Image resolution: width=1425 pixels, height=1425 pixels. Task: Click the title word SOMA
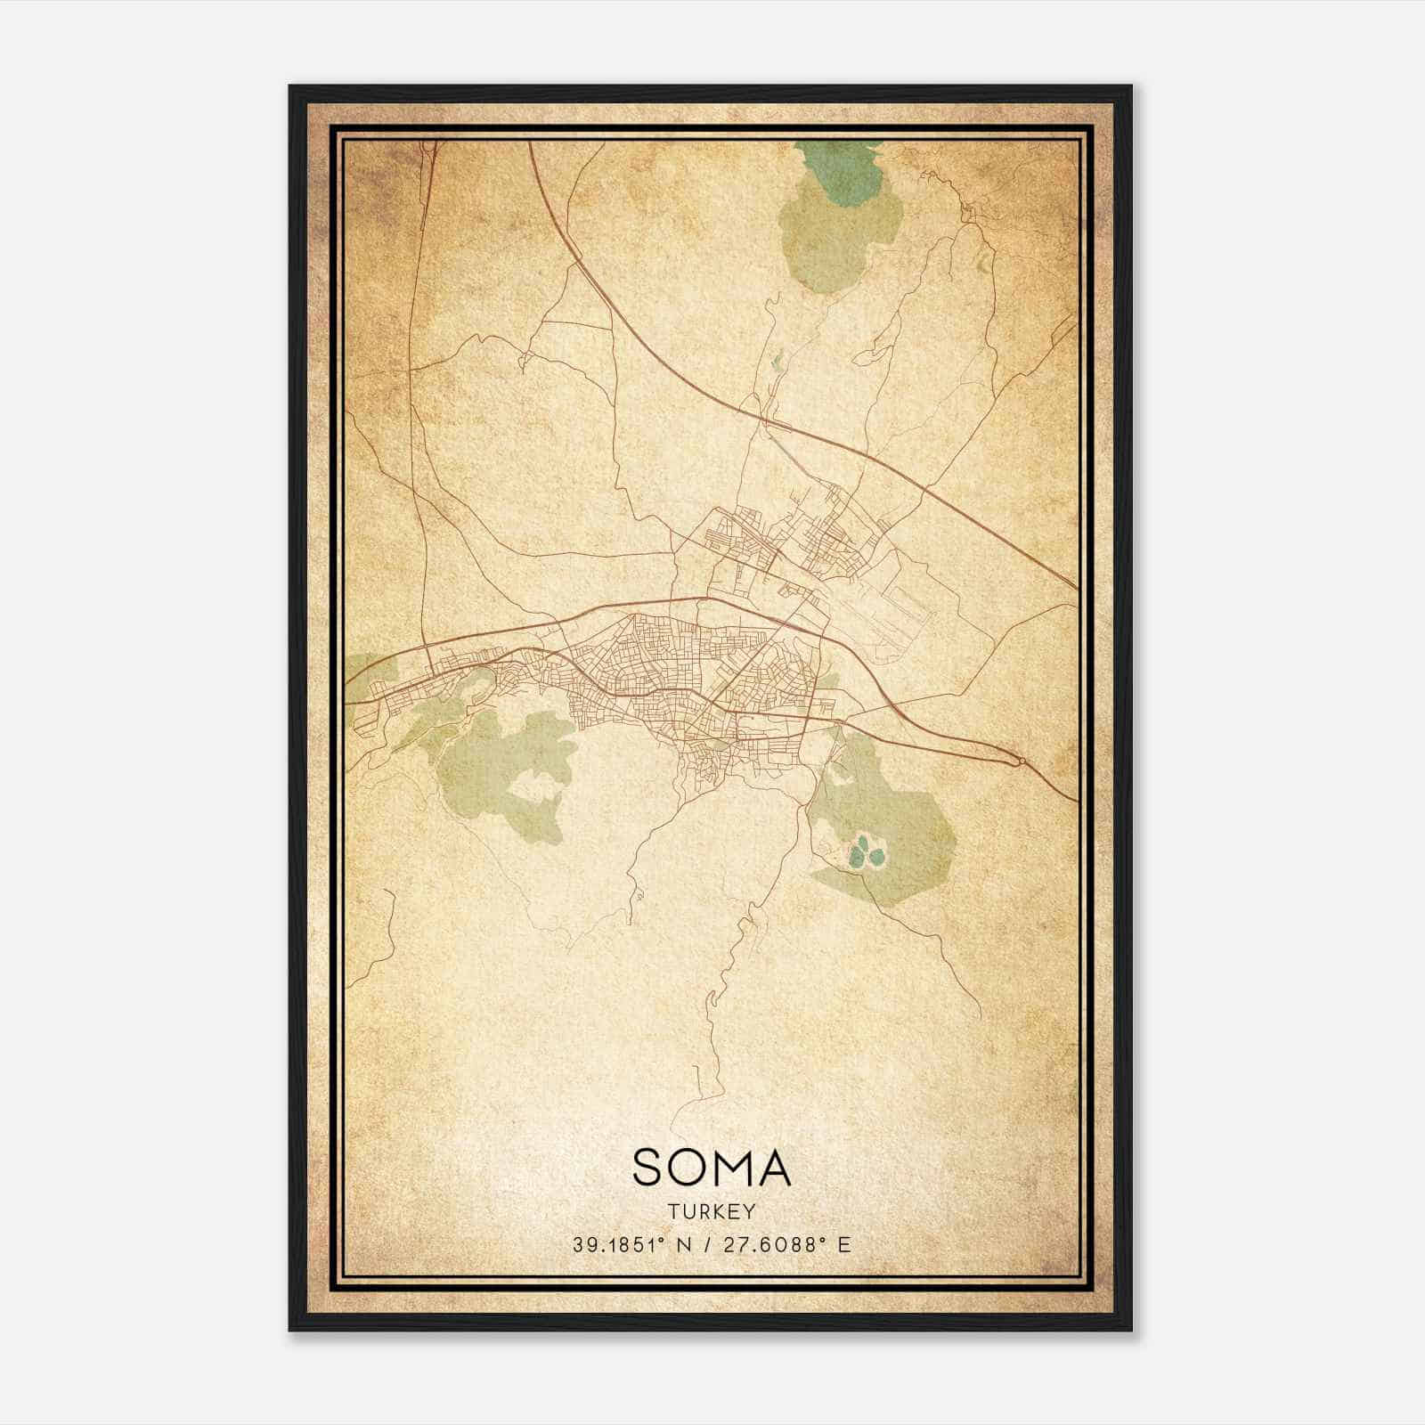[712, 1168]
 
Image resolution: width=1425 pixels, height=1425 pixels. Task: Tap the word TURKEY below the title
[712, 1211]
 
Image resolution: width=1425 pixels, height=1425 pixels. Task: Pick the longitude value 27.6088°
[769, 1244]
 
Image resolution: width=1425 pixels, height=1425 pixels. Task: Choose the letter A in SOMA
[776, 1168]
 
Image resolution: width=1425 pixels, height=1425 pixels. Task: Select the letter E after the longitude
[844, 1244]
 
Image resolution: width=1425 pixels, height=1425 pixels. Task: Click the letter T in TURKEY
[672, 1211]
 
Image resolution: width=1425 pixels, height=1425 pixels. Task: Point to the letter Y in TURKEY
[751, 1211]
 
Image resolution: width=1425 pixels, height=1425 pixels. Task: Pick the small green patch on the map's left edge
[360, 668]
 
